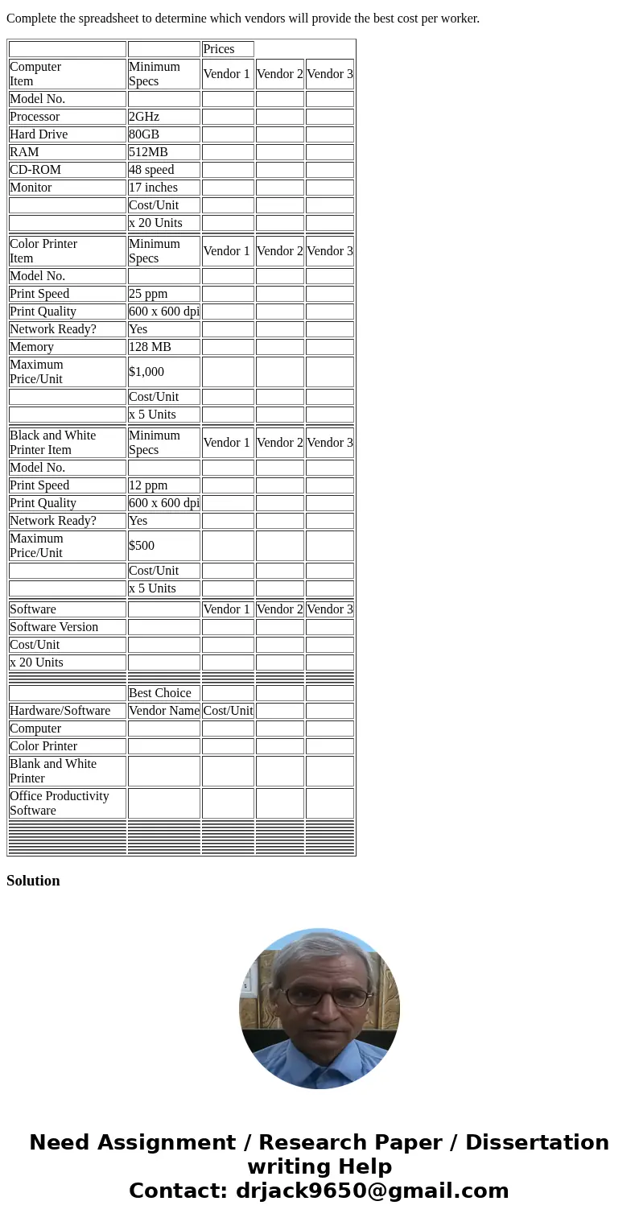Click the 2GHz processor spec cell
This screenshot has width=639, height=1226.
163,117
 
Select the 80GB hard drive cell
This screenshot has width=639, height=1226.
163,134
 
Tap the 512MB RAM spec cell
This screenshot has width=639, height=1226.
163,152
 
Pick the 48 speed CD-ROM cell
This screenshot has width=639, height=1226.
163,170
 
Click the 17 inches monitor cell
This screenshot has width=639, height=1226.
163,188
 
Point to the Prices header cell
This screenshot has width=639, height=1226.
227,49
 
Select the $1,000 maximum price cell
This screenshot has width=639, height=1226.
163,372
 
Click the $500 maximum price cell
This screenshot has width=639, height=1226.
163,546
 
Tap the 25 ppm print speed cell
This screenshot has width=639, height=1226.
163,294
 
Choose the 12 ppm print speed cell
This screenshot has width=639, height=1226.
163,485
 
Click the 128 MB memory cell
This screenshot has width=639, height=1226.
163,347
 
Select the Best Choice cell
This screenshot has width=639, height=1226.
163,693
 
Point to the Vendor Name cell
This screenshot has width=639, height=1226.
163,711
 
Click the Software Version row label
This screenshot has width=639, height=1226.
54,627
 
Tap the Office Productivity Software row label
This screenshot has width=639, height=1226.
60,803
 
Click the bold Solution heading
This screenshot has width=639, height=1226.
33,881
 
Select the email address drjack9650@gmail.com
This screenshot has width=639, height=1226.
372,1191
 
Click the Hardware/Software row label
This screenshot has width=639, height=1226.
60,711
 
